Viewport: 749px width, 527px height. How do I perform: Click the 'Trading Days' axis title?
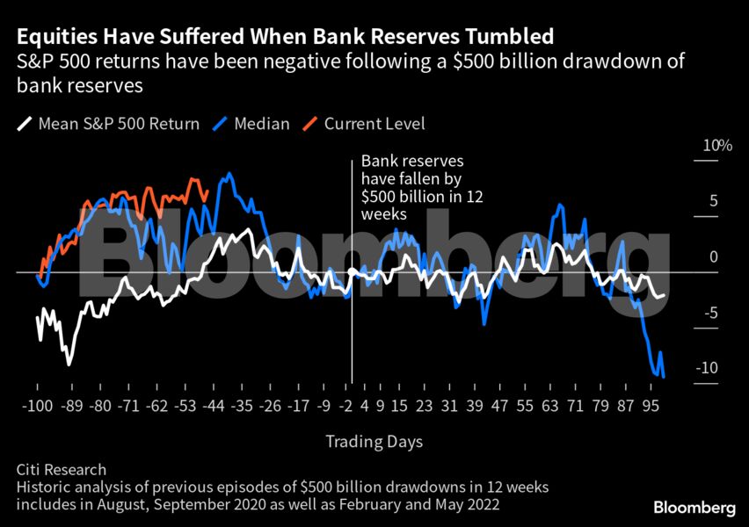point(374,441)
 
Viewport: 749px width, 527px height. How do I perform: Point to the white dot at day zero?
point(352,272)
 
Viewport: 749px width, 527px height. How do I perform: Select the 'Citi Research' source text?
point(61,470)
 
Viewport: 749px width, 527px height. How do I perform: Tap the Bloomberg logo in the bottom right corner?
point(694,508)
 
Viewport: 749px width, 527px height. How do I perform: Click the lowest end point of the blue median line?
point(663,377)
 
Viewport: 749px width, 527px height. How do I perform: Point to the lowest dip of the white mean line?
point(69,363)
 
